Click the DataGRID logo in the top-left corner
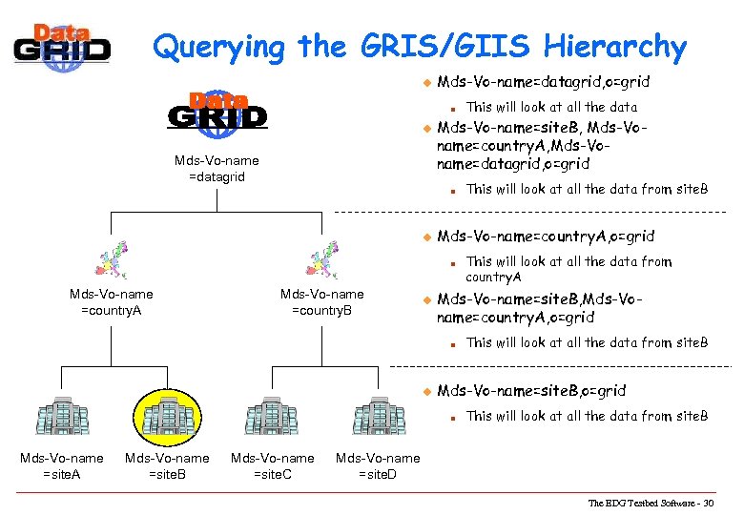[62, 43]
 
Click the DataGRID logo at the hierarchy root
[217, 110]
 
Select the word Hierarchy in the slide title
[614, 46]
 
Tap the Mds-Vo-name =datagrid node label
[217, 169]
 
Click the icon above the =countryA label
[112, 259]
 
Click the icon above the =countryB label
[321, 259]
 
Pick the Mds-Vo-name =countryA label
[112, 302]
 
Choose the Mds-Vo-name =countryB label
[321, 302]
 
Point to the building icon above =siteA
[62, 417]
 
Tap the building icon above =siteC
[272, 417]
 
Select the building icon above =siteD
[378, 417]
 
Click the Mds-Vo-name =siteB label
[167, 466]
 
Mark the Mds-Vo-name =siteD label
[378, 466]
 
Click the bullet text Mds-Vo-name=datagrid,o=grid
[543, 83]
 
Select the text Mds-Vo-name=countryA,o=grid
[545, 236]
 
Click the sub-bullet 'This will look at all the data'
[551, 107]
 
